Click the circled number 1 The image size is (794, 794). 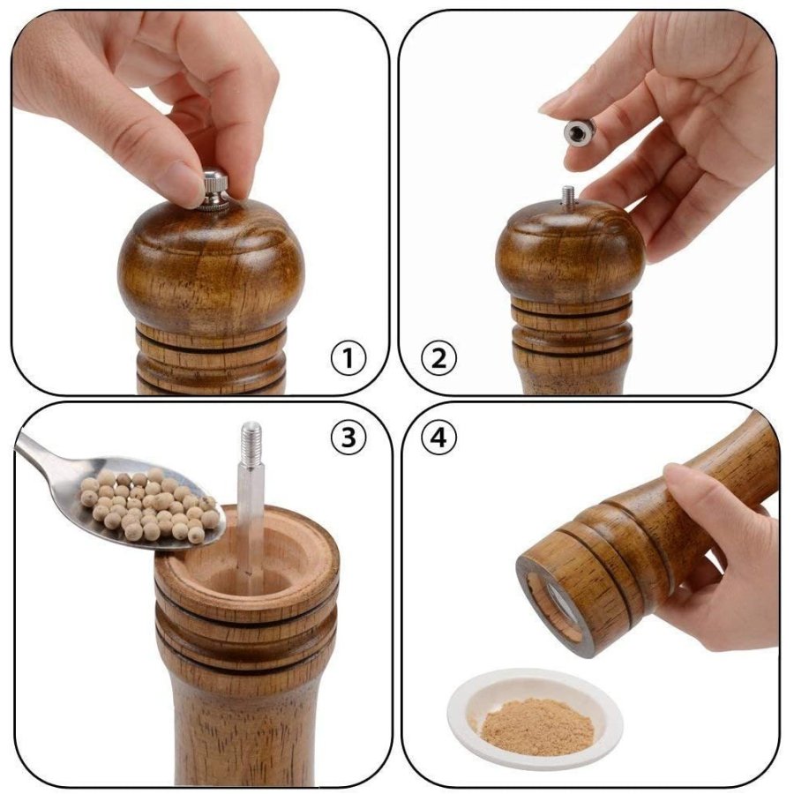348,358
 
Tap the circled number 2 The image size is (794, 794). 438,358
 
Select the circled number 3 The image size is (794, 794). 348,438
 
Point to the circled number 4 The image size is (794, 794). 438,438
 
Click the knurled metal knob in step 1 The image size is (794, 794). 214,190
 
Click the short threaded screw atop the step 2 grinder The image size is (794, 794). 568,196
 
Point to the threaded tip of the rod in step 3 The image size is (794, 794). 251,440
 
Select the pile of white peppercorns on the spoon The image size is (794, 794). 150,504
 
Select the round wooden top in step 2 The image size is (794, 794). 570,251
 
